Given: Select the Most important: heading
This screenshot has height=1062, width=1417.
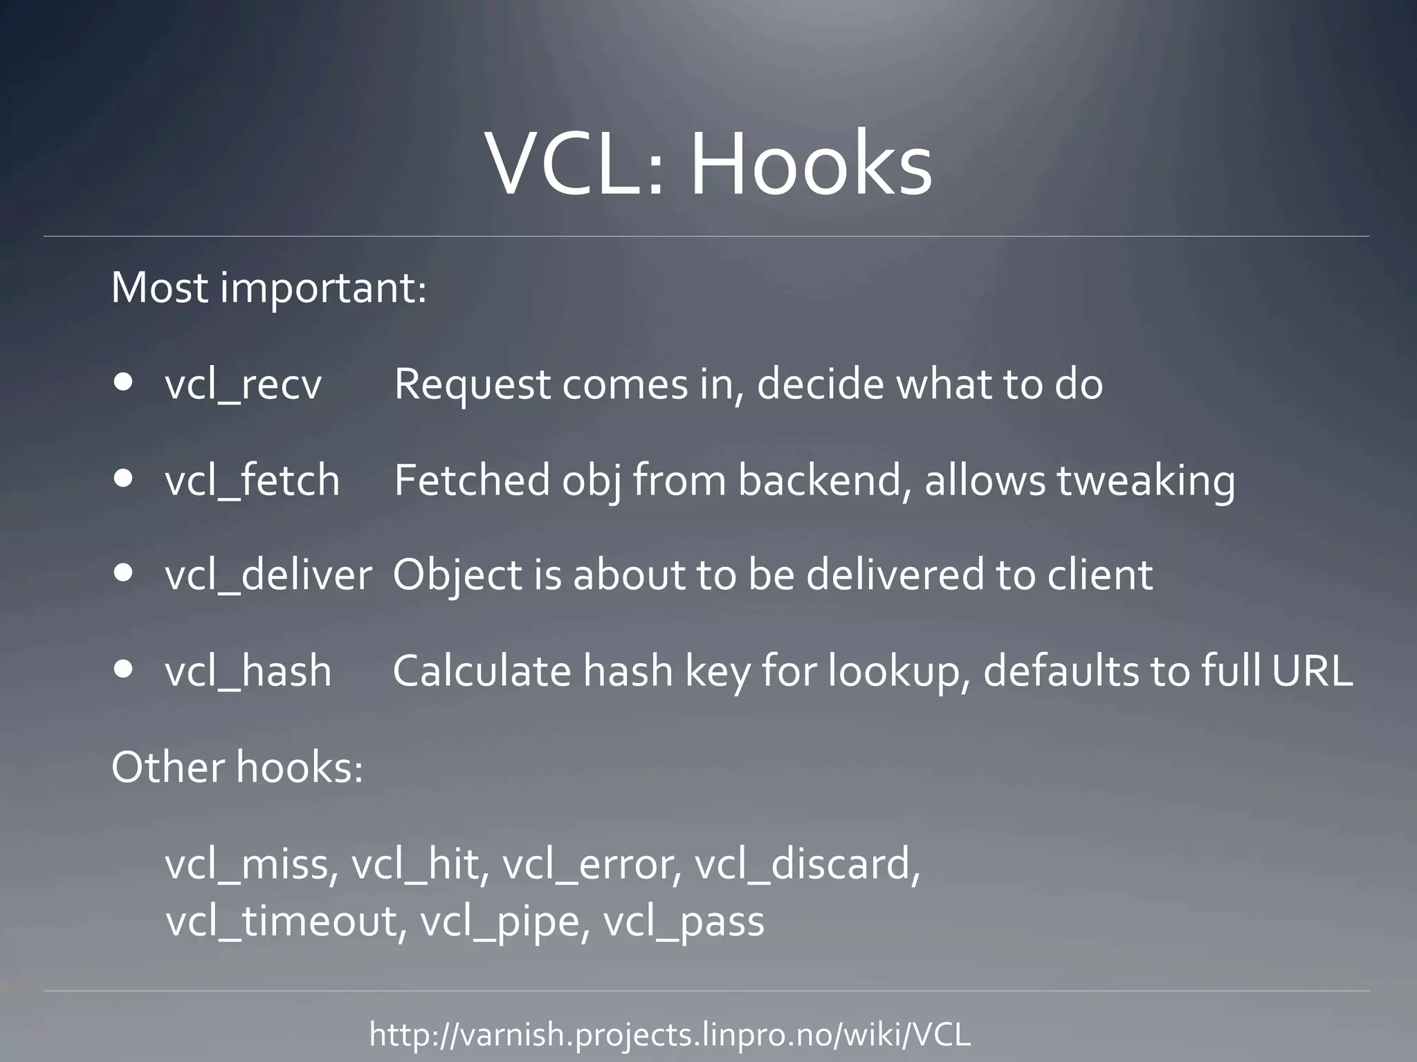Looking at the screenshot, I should [x=269, y=288].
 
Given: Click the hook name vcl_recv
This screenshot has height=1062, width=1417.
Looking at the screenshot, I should [x=244, y=385].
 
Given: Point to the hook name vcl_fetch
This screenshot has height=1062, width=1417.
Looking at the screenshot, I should [x=253, y=481].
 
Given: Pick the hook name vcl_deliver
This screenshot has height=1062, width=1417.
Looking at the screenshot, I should [x=268, y=575].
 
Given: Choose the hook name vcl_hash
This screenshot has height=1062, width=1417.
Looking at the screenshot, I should [x=248, y=671].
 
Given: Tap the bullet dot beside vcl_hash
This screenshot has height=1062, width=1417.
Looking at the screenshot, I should [x=125, y=669].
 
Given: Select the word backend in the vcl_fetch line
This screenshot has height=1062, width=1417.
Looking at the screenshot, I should [x=823, y=480].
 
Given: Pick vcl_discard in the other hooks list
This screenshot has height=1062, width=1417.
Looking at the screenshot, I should [x=807, y=865].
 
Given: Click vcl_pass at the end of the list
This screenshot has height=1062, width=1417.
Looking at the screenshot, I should [x=684, y=922].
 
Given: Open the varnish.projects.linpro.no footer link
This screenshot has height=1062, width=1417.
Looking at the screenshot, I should [x=670, y=1035].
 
